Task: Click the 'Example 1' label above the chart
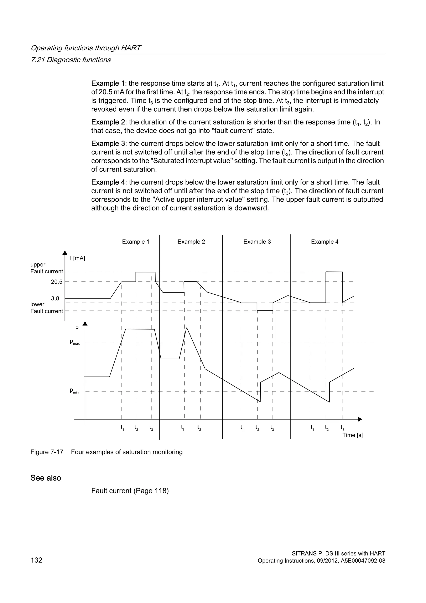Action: [135, 242]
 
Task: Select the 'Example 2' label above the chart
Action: [191, 242]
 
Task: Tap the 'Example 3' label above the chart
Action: [257, 242]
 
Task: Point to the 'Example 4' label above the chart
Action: [324, 242]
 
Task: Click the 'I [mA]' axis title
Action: [77, 258]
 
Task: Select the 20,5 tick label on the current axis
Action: [57, 282]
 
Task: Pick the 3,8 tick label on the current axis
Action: [55, 298]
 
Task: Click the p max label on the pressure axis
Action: [74, 342]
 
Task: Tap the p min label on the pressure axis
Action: [74, 391]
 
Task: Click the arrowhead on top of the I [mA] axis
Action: [65, 253]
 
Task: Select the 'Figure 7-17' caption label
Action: [47, 452]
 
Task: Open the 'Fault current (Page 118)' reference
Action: [130, 491]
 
